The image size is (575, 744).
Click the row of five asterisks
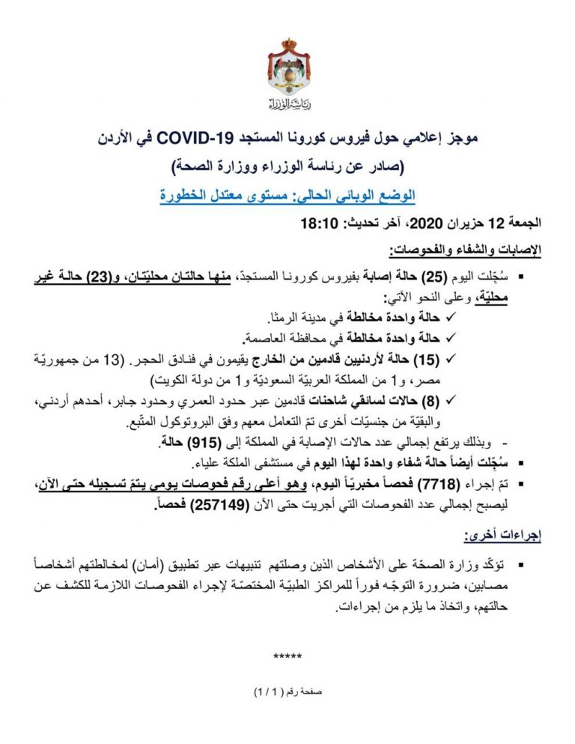287,657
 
